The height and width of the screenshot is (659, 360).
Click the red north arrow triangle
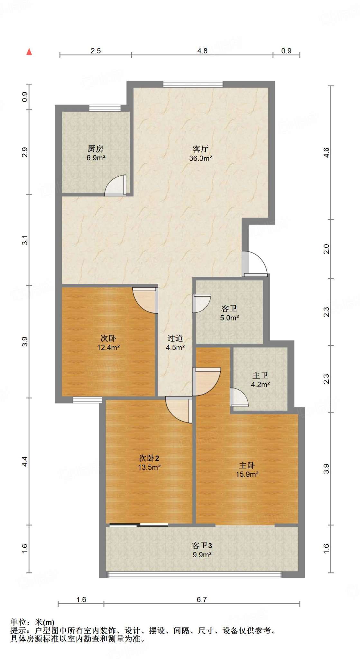click(29, 52)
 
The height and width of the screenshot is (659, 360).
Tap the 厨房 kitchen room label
click(96, 149)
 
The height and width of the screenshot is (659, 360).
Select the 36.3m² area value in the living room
click(201, 158)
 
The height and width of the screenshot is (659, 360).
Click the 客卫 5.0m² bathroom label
click(229, 313)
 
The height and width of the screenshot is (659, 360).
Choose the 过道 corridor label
click(175, 338)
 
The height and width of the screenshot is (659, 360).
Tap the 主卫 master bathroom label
click(260, 376)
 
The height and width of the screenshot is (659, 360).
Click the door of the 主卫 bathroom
click(239, 397)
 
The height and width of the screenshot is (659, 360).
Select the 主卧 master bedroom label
click(247, 465)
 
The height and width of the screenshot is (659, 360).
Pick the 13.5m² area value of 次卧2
click(149, 467)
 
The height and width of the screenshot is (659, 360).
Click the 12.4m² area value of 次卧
click(108, 348)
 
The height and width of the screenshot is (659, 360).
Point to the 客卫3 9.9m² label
click(202, 550)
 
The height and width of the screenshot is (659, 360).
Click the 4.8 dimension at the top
click(202, 51)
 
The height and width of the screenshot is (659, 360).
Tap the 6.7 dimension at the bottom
click(202, 599)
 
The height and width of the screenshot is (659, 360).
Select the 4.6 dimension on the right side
click(326, 152)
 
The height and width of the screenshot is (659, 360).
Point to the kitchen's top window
click(105, 108)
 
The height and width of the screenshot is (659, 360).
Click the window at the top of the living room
click(193, 84)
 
